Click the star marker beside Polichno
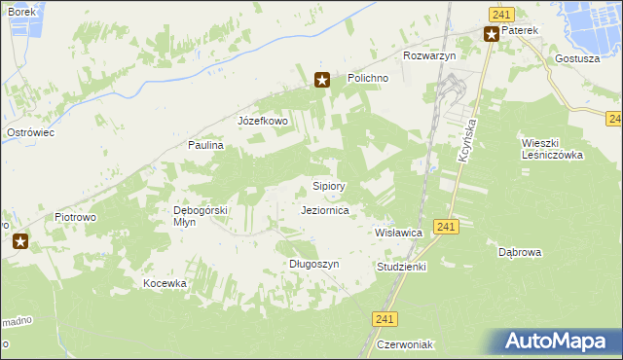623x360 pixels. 322,81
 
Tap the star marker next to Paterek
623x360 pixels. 492,35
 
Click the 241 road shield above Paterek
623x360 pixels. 500,14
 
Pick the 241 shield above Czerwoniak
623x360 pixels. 385,318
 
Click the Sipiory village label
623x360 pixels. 329,185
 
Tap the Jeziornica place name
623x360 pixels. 326,209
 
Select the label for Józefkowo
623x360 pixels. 263,121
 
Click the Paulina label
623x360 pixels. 206,144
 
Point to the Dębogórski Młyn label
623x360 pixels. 200,215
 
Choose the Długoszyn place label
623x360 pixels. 313,264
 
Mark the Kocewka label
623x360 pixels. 164,283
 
